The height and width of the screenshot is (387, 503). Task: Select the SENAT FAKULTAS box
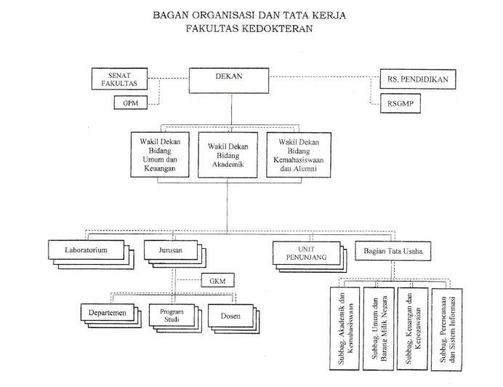pyautogui.click(x=120, y=79)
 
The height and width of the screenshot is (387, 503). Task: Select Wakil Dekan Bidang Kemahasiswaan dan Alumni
pyautogui.click(x=298, y=154)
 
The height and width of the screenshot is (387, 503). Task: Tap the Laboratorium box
pyautogui.click(x=86, y=250)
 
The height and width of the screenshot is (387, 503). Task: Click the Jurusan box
pyautogui.click(x=169, y=250)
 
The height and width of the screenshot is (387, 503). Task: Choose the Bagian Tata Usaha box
pyautogui.click(x=390, y=250)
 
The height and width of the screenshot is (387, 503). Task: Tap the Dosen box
pyautogui.click(x=229, y=315)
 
